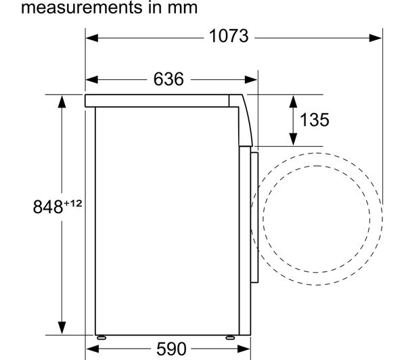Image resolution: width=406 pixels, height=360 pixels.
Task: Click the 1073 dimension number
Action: pyautogui.click(x=229, y=36)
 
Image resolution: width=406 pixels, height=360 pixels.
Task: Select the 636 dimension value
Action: pyautogui.click(x=168, y=79)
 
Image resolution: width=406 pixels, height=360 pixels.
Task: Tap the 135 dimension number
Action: pyautogui.click(x=315, y=120)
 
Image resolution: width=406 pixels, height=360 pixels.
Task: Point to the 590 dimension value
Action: pyautogui.click(x=171, y=349)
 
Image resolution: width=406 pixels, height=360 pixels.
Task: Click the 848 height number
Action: pyautogui.click(x=48, y=207)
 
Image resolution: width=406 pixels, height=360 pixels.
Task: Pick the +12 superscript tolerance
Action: pyautogui.click(x=73, y=203)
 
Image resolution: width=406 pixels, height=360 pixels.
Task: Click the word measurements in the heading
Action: pyautogui.click(x=82, y=7)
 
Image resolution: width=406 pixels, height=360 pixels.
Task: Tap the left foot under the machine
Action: pyautogui.click(x=101, y=338)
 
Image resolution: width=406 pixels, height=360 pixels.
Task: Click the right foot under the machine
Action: pyautogui.click(x=230, y=338)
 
